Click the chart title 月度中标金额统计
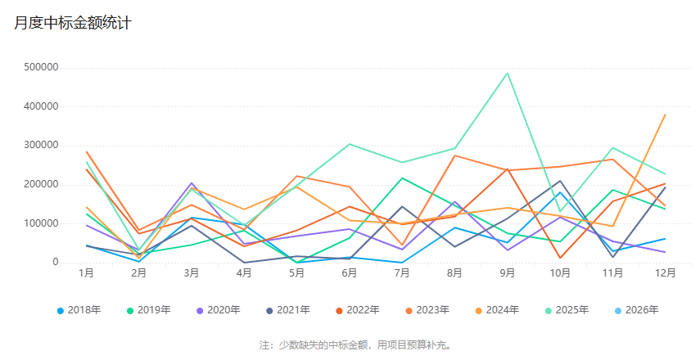coord(72,23)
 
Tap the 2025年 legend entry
coord(571,310)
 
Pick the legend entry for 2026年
coord(640,310)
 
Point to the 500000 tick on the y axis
coord(40,67)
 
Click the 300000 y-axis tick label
coord(40,145)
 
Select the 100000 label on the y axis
coord(40,223)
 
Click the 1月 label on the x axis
coord(86,273)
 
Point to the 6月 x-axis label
coord(350,273)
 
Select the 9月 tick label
coord(508,273)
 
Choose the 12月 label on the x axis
coord(665,273)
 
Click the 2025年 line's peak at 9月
coord(508,73)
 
